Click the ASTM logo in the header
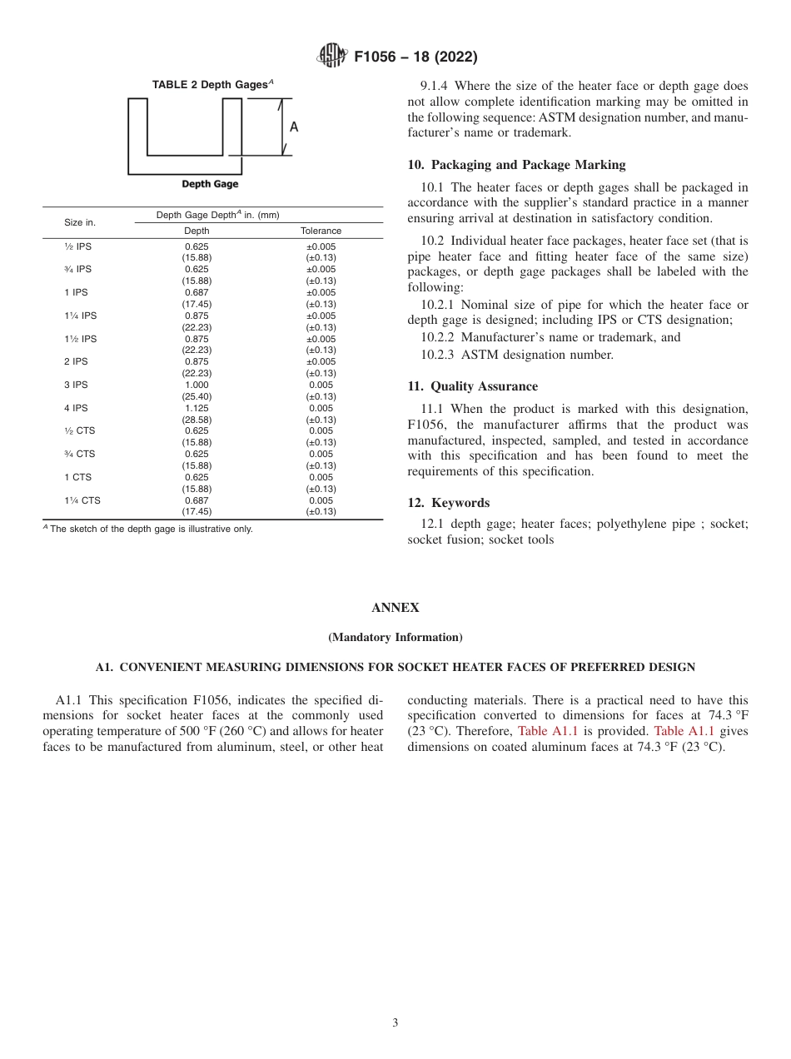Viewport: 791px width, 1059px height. click(x=333, y=57)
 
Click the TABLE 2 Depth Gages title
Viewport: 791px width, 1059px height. click(x=212, y=84)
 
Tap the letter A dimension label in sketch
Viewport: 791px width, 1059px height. click(x=294, y=127)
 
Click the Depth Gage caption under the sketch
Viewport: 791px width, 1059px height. click(x=210, y=184)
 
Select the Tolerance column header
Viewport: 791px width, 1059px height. click(x=321, y=231)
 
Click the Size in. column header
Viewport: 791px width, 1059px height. click(x=80, y=222)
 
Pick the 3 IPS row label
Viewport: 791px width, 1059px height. click(x=76, y=385)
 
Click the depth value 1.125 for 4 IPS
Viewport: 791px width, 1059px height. click(x=197, y=409)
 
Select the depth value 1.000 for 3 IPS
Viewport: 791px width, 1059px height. click(x=197, y=385)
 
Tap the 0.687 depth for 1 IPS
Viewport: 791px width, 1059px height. click(x=197, y=293)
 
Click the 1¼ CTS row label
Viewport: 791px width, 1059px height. click(x=81, y=500)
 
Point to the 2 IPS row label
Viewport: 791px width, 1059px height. click(x=76, y=362)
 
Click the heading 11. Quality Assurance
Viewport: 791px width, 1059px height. click(x=472, y=386)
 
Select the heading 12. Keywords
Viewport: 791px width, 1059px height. click(x=448, y=503)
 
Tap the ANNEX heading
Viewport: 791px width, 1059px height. click(x=395, y=608)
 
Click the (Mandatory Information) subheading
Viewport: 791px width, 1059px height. click(x=395, y=637)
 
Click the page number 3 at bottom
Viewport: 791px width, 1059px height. click(x=395, y=1023)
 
